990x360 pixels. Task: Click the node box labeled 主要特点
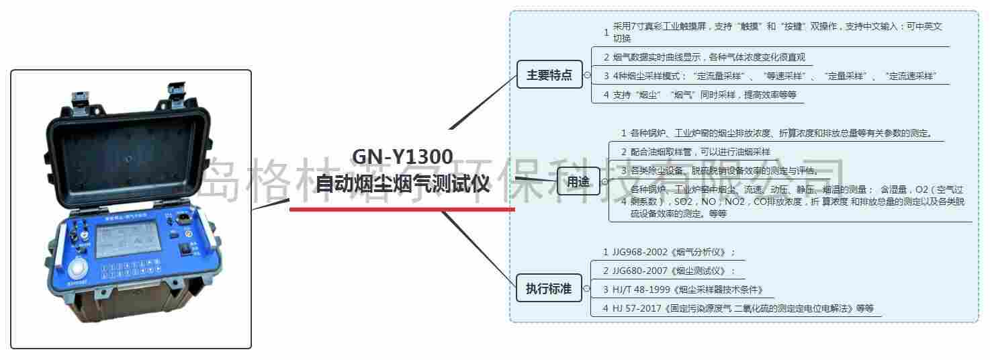pyautogui.click(x=549, y=75)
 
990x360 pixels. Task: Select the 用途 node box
pyautogui.click(x=578, y=181)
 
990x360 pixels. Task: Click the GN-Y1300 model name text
pyautogui.click(x=402, y=156)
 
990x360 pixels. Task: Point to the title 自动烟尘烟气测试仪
pyautogui.click(x=402, y=183)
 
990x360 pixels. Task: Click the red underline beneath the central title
pyautogui.click(x=402, y=209)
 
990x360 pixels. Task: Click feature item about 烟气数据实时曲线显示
pyautogui.click(x=708, y=57)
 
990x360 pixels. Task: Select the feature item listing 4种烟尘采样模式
pyautogui.click(x=772, y=76)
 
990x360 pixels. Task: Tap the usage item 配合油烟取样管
pyautogui.click(x=699, y=152)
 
